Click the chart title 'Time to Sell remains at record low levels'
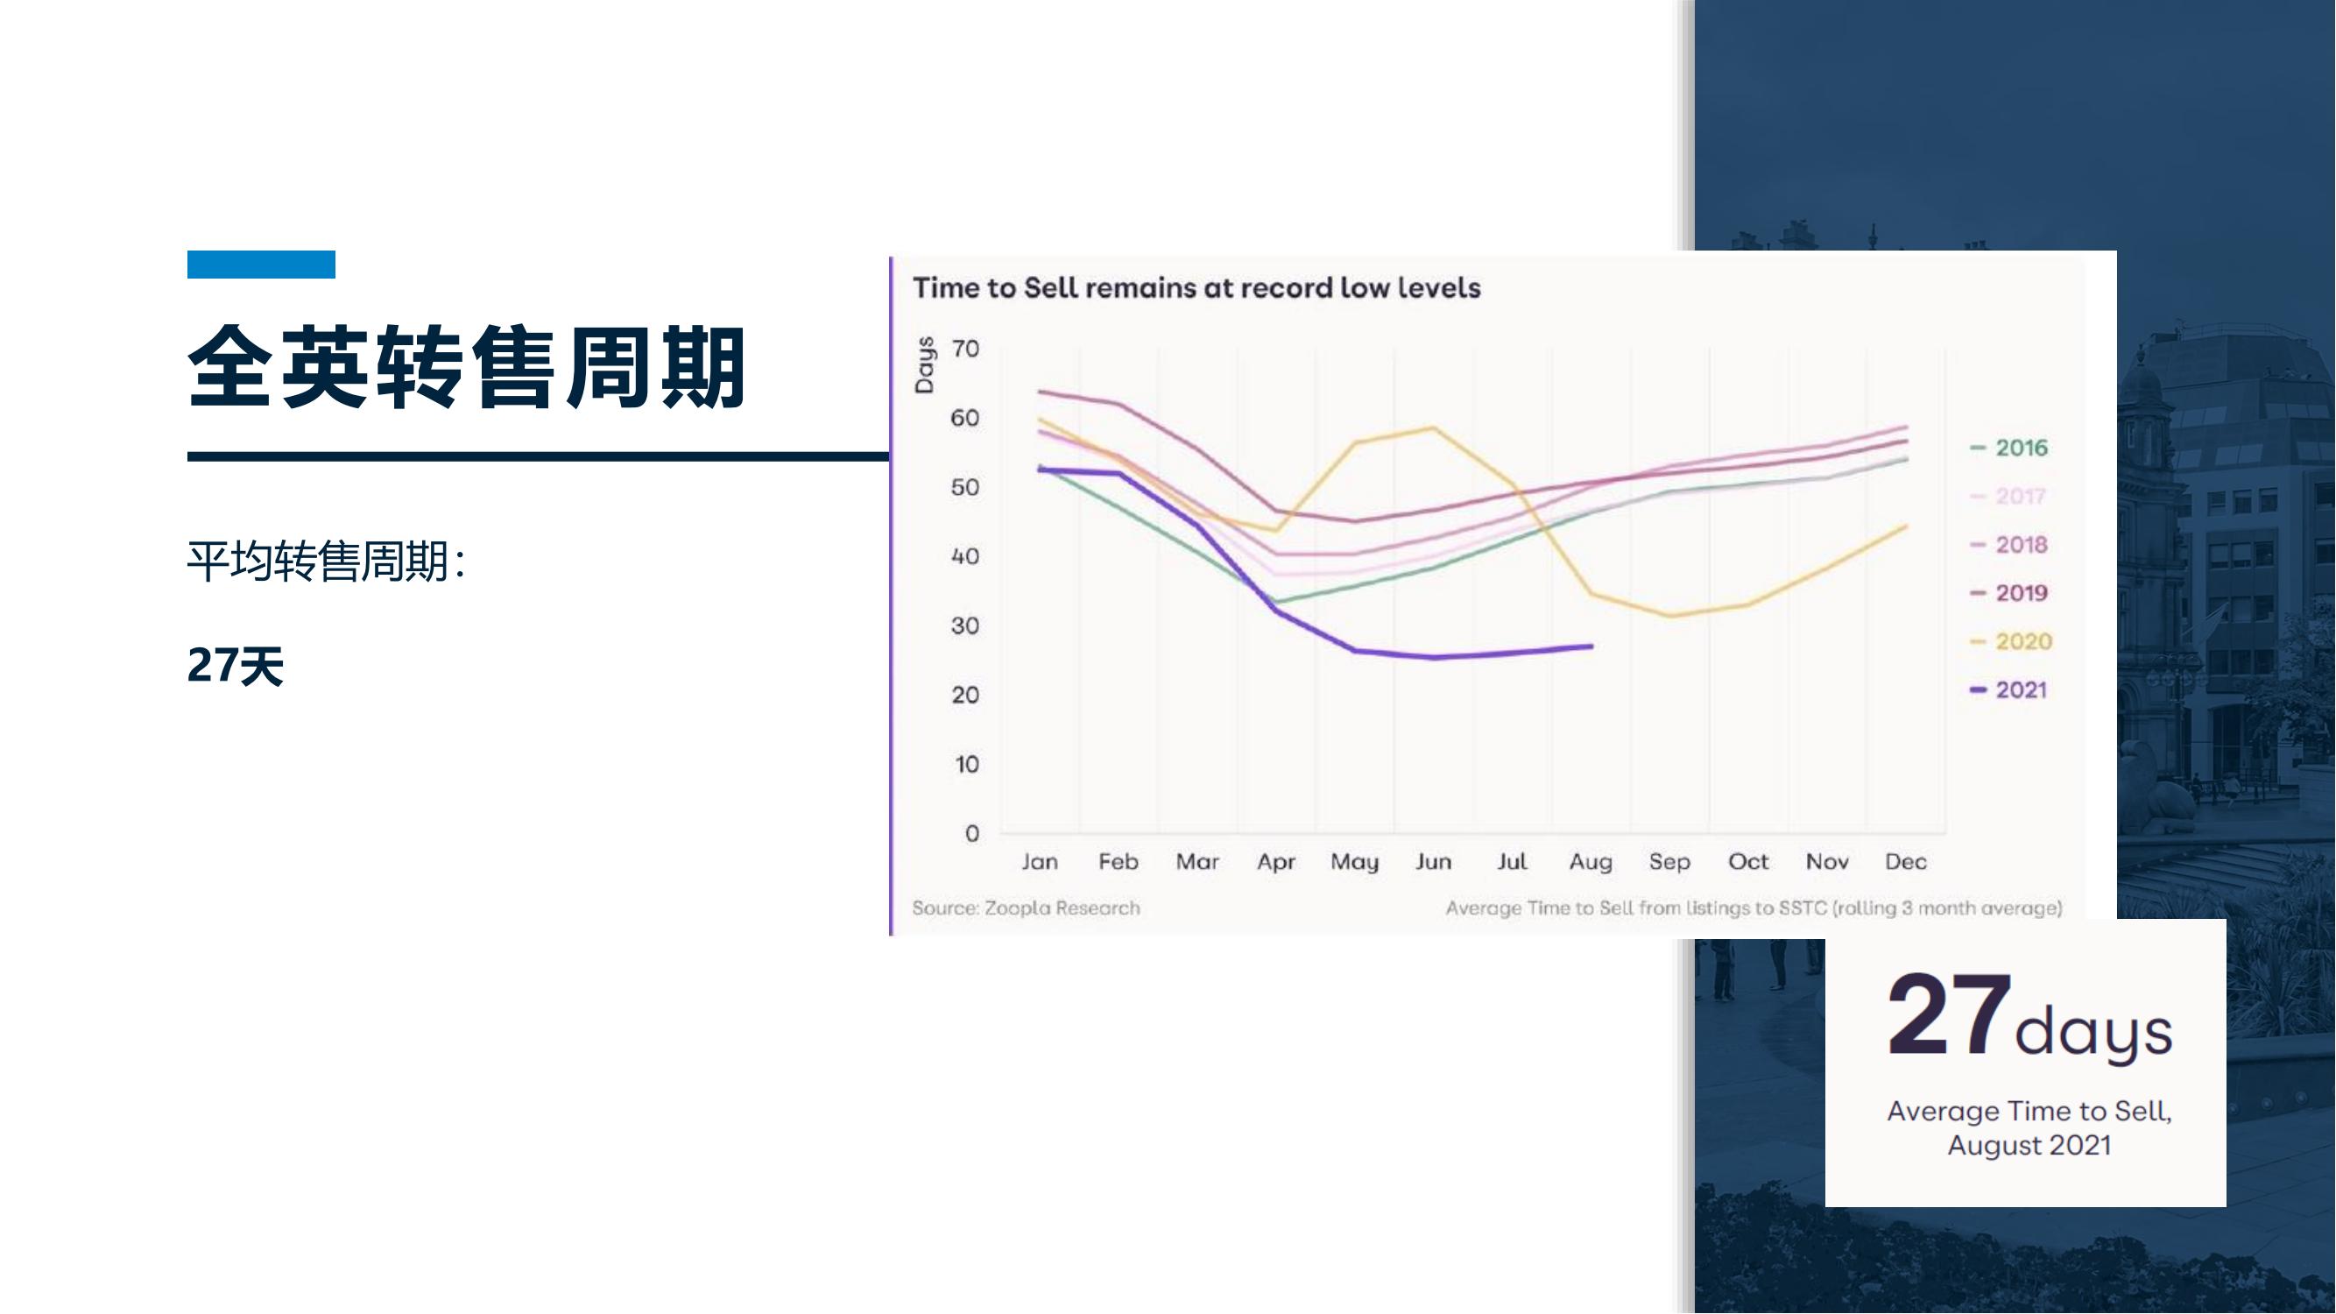pos(1196,287)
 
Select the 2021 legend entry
pos(2008,690)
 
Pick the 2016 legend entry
pos(2008,448)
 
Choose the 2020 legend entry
pos(2010,642)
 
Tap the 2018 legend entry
pos(2008,545)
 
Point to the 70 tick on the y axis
pos(966,350)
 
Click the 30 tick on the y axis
pos(966,625)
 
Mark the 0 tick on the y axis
pos(972,833)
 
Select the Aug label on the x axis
pos(1591,862)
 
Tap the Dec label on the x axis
pos(1905,861)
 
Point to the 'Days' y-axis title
pos(924,365)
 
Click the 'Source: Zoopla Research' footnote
pos(1026,908)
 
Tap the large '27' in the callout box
pos(1948,1014)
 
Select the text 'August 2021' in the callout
pos(2029,1145)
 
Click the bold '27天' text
pos(236,666)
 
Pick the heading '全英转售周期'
pos(467,367)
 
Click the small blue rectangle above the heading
pos(261,264)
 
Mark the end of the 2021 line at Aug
pos(1591,646)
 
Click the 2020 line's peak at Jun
pos(1434,428)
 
